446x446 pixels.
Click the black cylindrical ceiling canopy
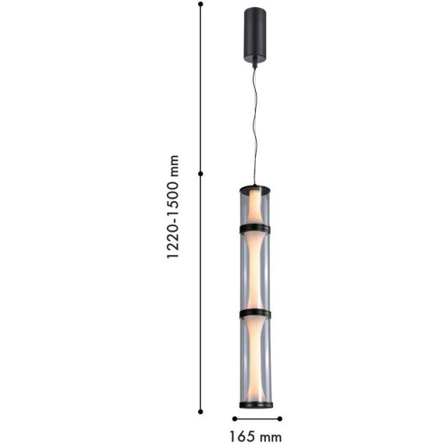[255, 34]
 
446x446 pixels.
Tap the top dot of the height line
[200, 4]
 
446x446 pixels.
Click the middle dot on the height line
[200, 174]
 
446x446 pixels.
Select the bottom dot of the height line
[200, 412]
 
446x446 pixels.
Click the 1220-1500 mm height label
[173, 207]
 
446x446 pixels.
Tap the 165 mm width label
[255, 437]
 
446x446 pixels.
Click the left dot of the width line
[235, 419]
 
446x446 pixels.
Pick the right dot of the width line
[280, 419]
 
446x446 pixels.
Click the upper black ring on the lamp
[255, 228]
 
